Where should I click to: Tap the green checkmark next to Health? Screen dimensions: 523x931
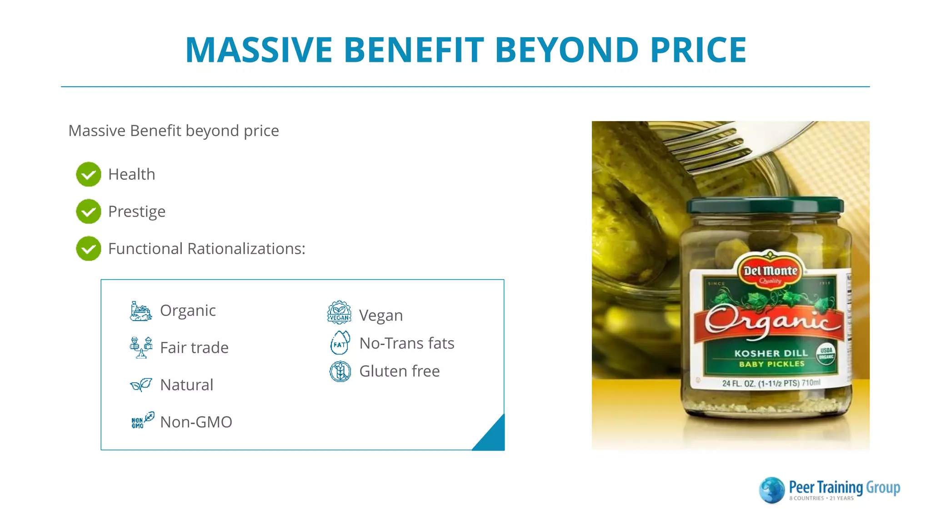click(x=89, y=174)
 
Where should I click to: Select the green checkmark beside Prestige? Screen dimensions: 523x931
click(x=89, y=212)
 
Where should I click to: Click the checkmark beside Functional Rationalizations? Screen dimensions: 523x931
click(x=89, y=249)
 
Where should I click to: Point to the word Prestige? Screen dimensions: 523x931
click(x=136, y=212)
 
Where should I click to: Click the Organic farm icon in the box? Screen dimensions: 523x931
click(x=140, y=311)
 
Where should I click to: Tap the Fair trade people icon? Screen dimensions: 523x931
click(x=140, y=347)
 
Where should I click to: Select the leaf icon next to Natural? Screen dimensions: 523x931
click(x=141, y=385)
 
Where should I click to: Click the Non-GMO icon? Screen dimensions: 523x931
click(x=142, y=420)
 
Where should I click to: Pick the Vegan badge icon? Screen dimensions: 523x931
click(x=339, y=312)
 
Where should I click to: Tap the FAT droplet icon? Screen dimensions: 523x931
click(x=340, y=343)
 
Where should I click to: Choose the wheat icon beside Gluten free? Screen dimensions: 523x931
click(x=340, y=371)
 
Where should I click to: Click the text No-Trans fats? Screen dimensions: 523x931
click(x=406, y=343)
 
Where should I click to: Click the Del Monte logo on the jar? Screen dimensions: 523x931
click(x=770, y=271)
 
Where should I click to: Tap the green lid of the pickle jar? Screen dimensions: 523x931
click(x=765, y=206)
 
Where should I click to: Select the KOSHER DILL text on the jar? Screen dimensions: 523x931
click(x=771, y=353)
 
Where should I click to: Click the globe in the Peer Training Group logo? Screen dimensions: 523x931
click(x=772, y=490)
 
